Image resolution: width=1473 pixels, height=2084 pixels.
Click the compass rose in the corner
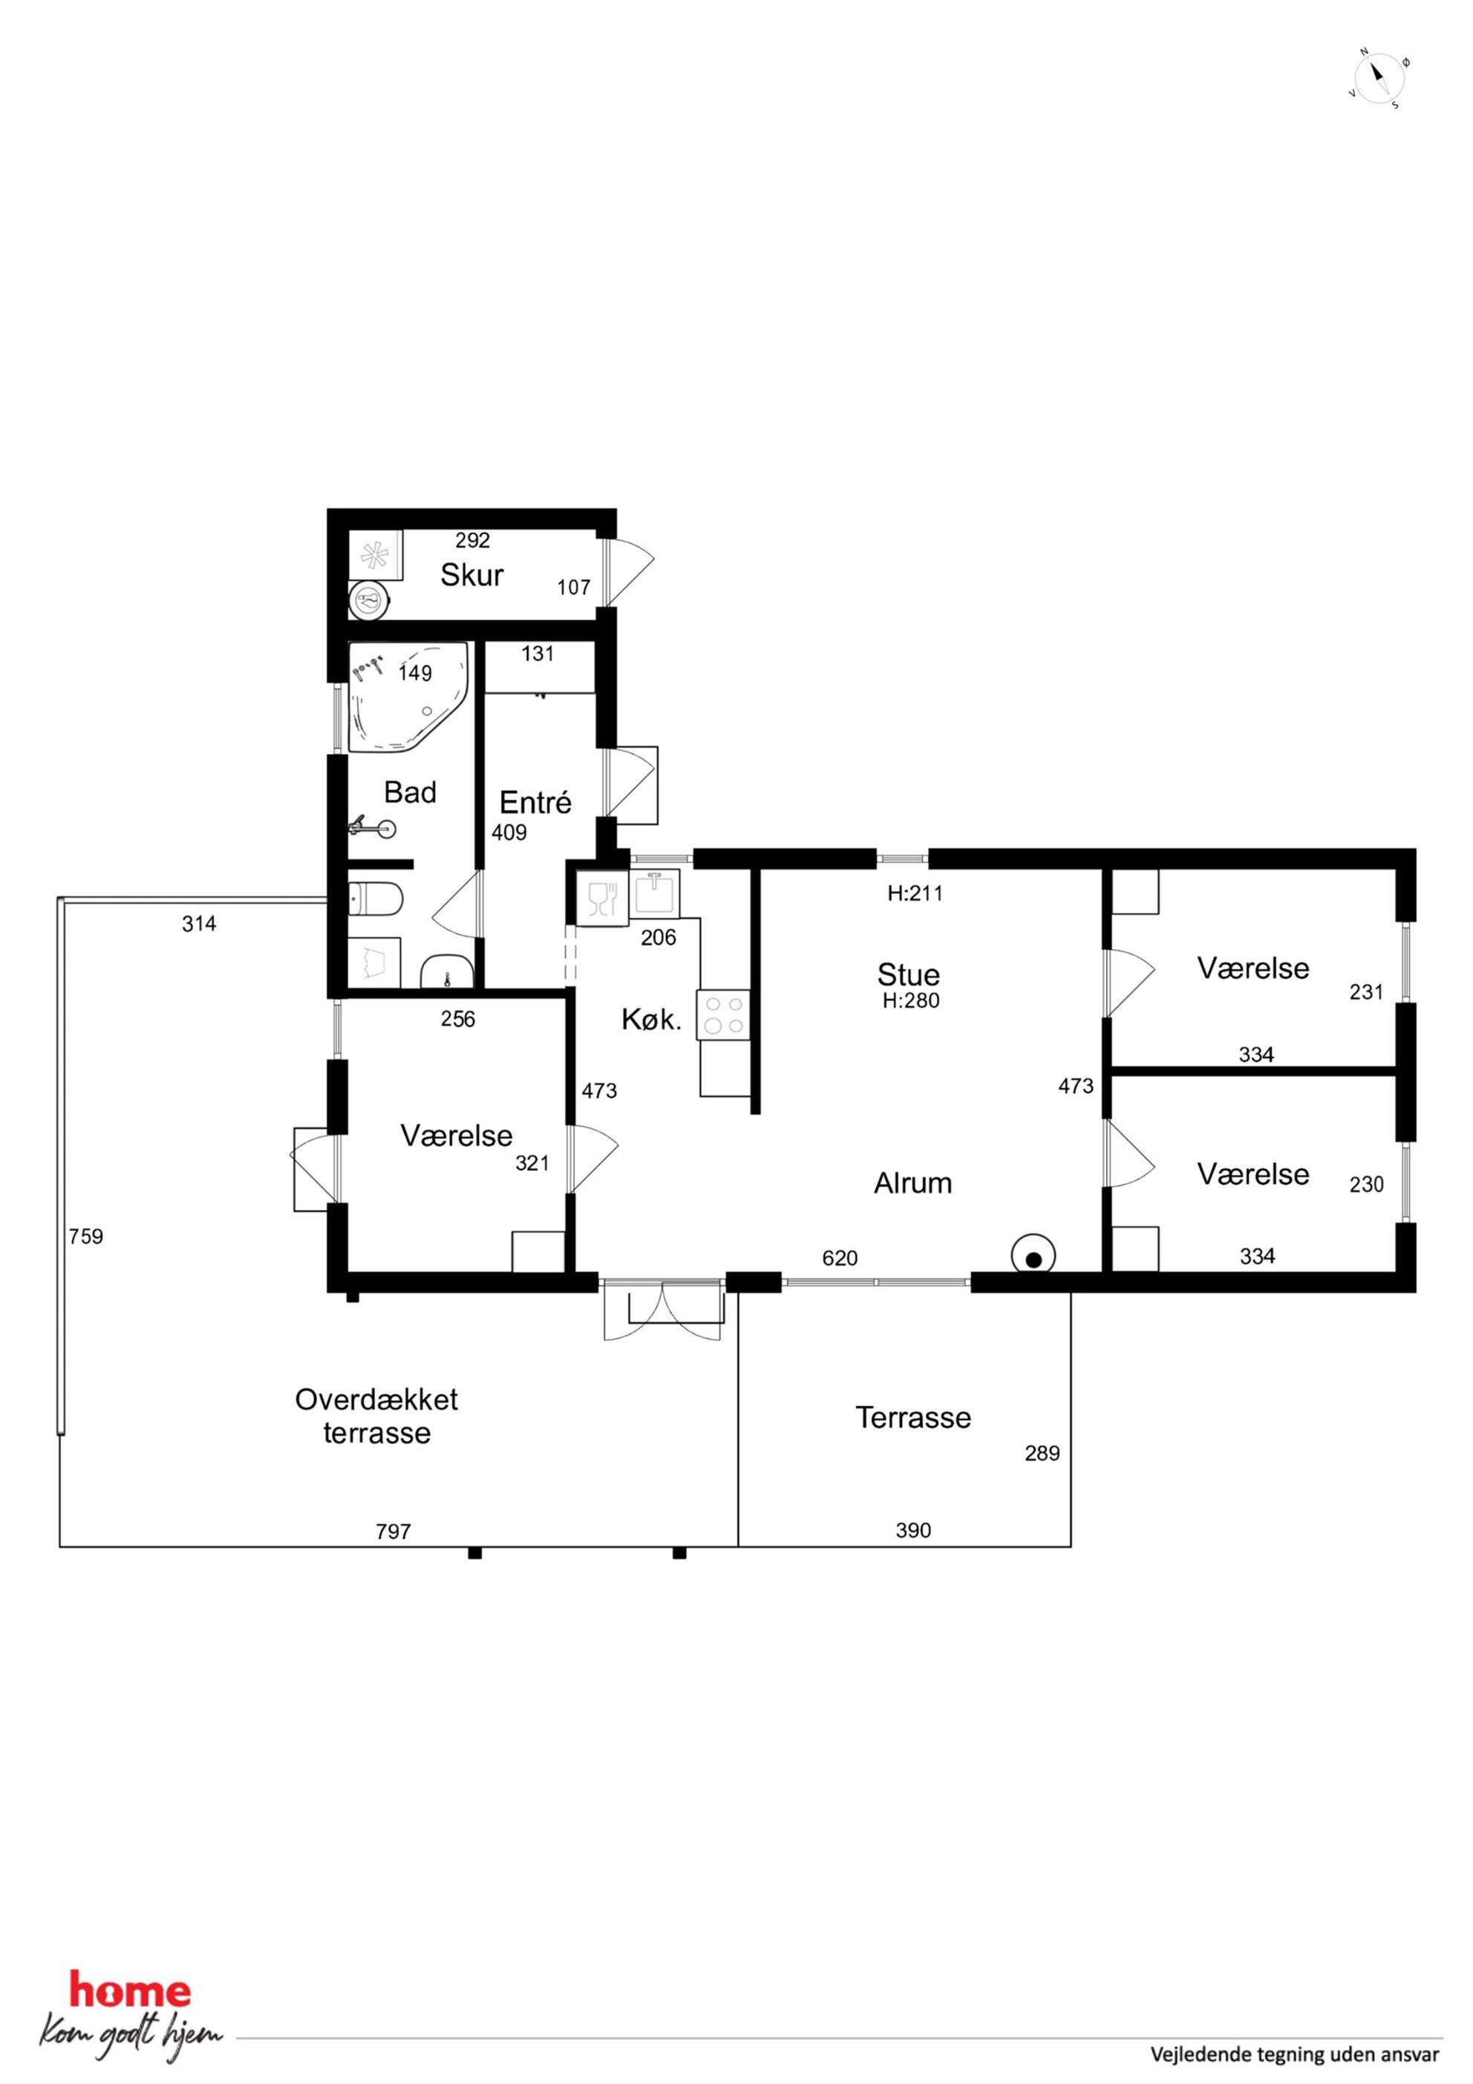pyautogui.click(x=1379, y=78)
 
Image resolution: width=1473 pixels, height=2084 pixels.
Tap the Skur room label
pyautogui.click(x=472, y=575)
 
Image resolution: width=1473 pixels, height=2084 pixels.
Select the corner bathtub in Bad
pyautogui.click(x=409, y=697)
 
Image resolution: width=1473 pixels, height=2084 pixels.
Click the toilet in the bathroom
pyautogui.click(x=376, y=899)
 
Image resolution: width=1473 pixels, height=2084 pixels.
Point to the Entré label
pyautogui.click(x=535, y=801)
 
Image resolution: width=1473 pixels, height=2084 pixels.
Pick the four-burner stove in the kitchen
pyautogui.click(x=723, y=1015)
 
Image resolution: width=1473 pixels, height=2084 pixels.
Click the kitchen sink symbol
pyautogui.click(x=653, y=894)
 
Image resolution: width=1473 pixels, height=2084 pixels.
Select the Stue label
pyautogui.click(x=909, y=974)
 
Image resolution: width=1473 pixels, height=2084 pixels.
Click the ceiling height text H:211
pyautogui.click(x=915, y=893)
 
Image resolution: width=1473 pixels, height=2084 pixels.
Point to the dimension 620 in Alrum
pyautogui.click(x=840, y=1258)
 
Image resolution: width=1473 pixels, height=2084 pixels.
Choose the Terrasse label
pyautogui.click(x=913, y=1417)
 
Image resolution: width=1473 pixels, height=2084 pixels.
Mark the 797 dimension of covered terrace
pyautogui.click(x=393, y=1531)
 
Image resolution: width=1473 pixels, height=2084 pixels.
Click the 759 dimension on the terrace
pyautogui.click(x=86, y=1237)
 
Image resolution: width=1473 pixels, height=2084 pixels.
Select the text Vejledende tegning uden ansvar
pyautogui.click(x=1295, y=2054)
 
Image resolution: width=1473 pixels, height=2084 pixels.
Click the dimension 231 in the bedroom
pyautogui.click(x=1366, y=992)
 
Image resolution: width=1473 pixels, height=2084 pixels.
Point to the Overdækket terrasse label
pyautogui.click(x=376, y=1416)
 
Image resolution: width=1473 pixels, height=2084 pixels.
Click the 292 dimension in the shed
pyautogui.click(x=472, y=540)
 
